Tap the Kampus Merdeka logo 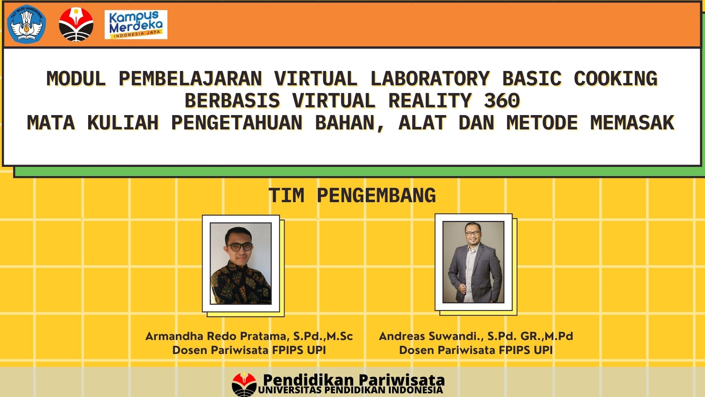(x=136, y=24)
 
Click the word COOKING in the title (x=615, y=79)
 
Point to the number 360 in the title (x=502, y=101)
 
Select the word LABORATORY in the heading (x=430, y=79)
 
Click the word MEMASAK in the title (x=632, y=123)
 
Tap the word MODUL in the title (x=76, y=79)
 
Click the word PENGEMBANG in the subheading (x=376, y=195)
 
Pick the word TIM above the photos (x=286, y=195)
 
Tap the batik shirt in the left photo (x=241, y=285)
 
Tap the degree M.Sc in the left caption (x=340, y=336)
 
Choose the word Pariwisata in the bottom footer (x=401, y=380)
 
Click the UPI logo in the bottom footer (x=244, y=385)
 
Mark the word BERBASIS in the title (x=232, y=101)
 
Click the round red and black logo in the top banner (x=76, y=24)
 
